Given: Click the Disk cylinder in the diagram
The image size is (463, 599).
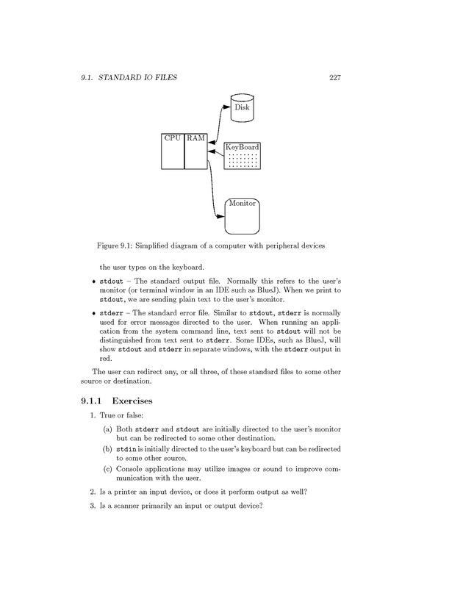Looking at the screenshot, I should point(242,107).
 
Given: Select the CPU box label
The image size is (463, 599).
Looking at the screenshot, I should point(173,137).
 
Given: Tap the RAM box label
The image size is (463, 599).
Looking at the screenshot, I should point(195,137).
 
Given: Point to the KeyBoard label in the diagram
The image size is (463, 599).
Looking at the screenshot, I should point(242,148).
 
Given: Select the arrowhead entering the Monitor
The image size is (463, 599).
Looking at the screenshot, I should point(220,216).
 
